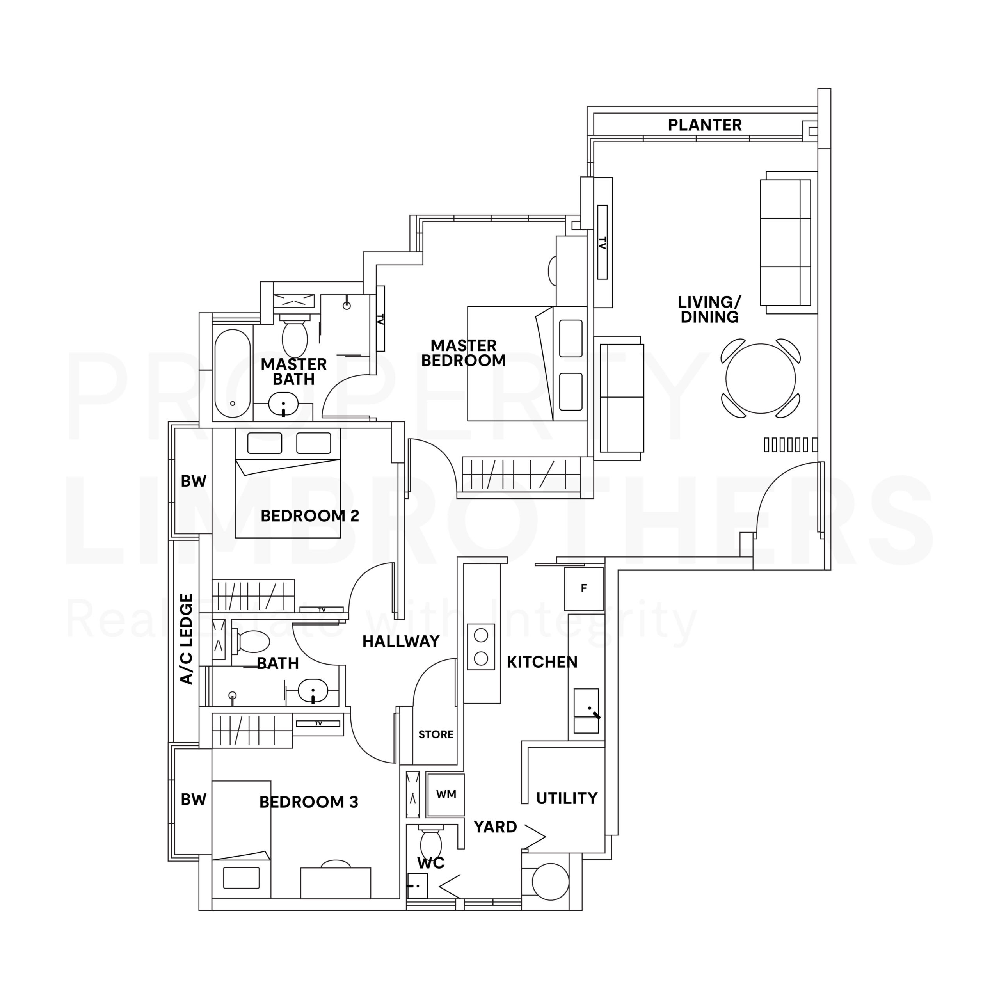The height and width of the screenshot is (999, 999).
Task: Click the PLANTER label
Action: (704, 125)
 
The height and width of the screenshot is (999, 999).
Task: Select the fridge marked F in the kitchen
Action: (583, 588)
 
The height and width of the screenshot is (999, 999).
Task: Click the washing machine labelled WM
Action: (446, 794)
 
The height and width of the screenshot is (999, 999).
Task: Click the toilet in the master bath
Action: (294, 336)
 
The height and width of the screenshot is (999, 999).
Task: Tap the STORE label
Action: (436, 734)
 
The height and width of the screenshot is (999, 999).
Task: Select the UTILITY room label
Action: (566, 798)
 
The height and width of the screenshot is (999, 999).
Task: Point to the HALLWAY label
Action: (401, 641)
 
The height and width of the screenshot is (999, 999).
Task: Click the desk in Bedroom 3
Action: (336, 883)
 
